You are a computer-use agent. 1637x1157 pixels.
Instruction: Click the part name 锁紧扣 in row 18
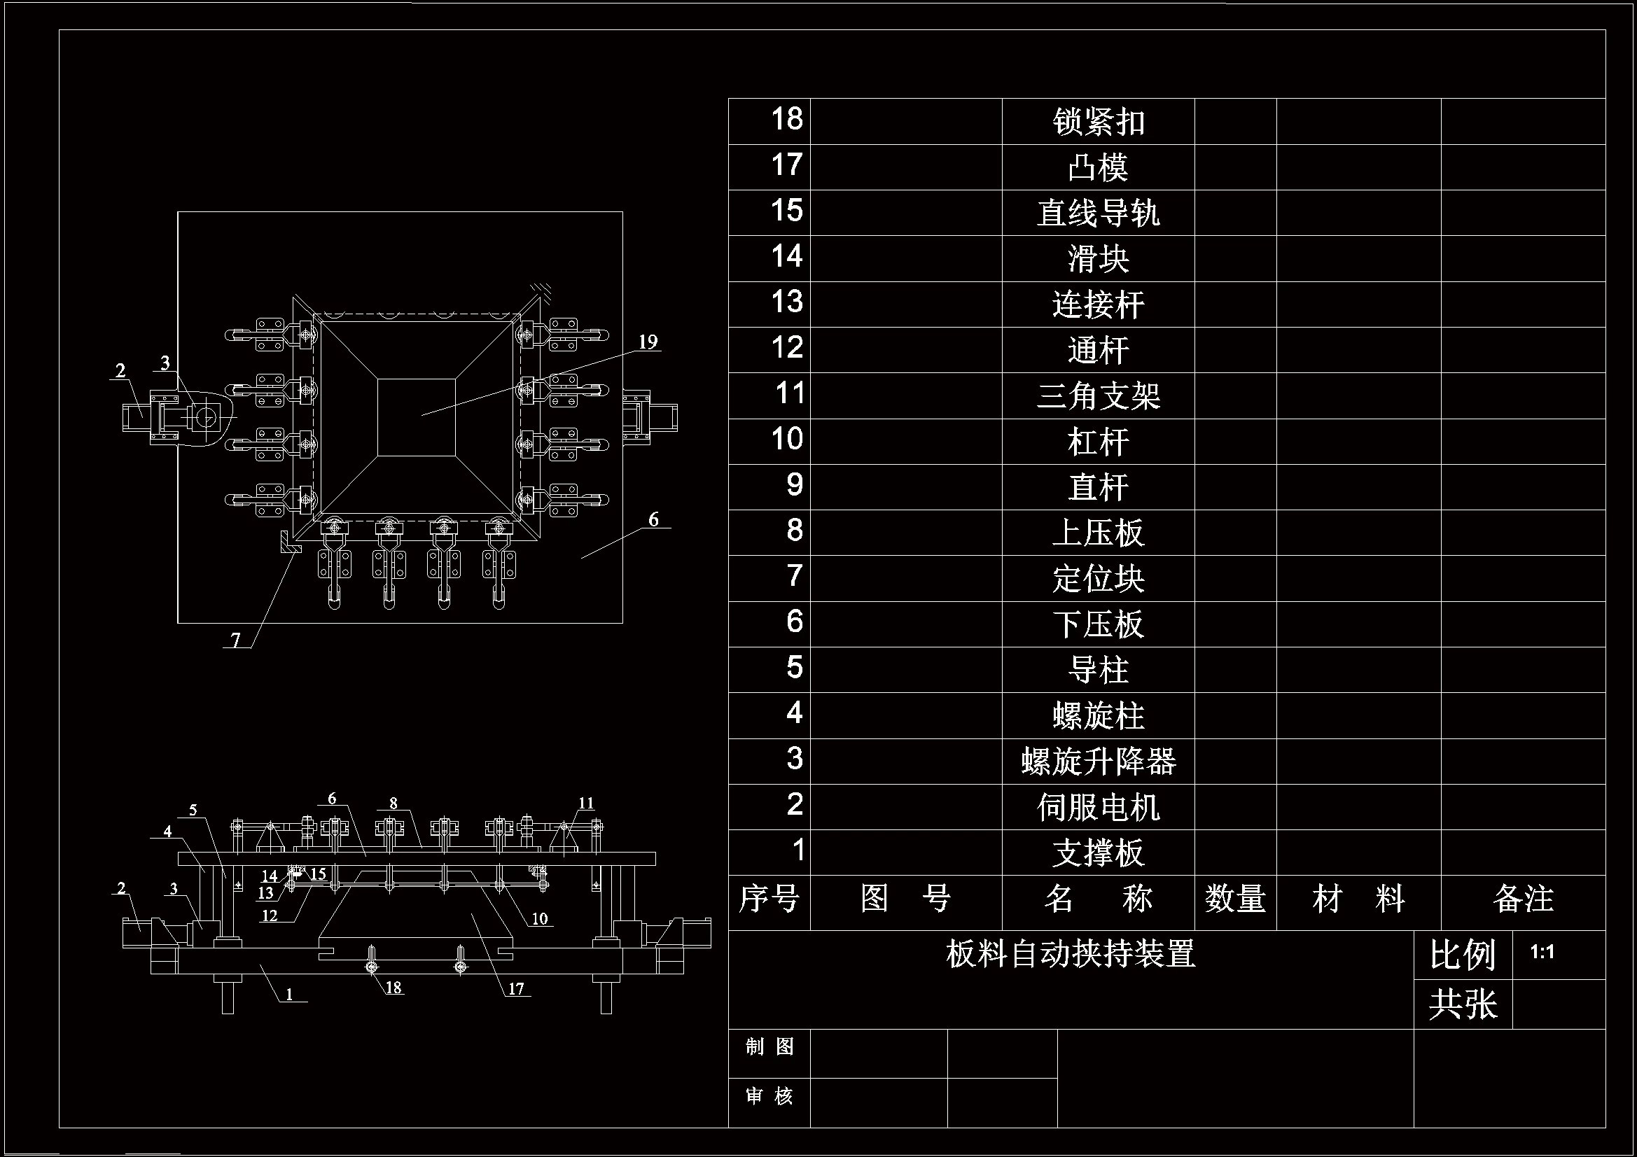coord(1098,122)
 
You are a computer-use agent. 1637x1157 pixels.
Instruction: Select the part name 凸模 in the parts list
coord(1098,167)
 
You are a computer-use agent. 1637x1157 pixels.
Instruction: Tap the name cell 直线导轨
coord(1098,213)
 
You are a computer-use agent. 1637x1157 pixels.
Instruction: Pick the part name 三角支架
coord(1098,395)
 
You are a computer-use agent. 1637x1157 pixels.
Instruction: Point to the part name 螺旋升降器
coord(1098,762)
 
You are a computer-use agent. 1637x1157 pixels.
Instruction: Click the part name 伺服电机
coord(1098,807)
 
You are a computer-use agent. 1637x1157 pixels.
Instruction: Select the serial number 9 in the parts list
coord(794,486)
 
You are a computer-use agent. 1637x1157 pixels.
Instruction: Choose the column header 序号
coord(769,899)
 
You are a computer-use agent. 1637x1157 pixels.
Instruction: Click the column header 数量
coord(1235,899)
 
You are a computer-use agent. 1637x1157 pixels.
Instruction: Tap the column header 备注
coord(1523,899)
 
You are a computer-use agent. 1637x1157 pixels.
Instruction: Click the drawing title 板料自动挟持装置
coord(1070,954)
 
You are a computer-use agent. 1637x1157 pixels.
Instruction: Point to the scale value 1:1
coord(1542,952)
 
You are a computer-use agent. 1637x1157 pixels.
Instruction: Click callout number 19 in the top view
coord(648,342)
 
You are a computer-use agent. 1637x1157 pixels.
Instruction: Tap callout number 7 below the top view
coord(236,640)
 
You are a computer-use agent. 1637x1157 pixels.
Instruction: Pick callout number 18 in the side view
coord(393,988)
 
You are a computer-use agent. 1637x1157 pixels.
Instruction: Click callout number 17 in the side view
coord(516,989)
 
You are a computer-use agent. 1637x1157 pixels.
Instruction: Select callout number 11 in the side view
coord(586,804)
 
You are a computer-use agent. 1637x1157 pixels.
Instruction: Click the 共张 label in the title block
coord(1463,1004)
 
